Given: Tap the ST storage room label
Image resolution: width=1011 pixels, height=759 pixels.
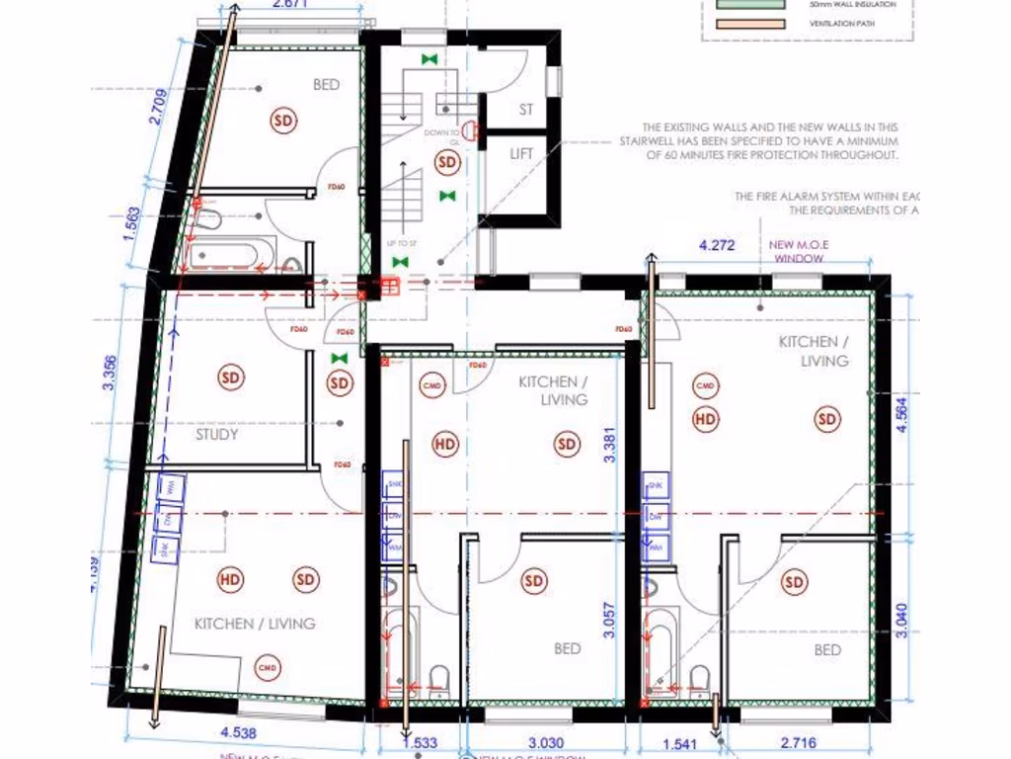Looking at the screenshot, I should pos(526,110).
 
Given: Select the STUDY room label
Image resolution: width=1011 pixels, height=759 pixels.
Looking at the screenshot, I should pos(217,434).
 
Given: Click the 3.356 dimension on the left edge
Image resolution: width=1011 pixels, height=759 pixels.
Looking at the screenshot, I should pos(111,373).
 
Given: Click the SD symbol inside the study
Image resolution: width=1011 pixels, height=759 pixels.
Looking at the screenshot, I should pos(230,377).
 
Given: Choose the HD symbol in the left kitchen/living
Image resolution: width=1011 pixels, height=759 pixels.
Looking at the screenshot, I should pos(230,579).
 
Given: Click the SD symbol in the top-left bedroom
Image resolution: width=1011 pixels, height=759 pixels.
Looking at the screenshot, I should pos(283,121).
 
